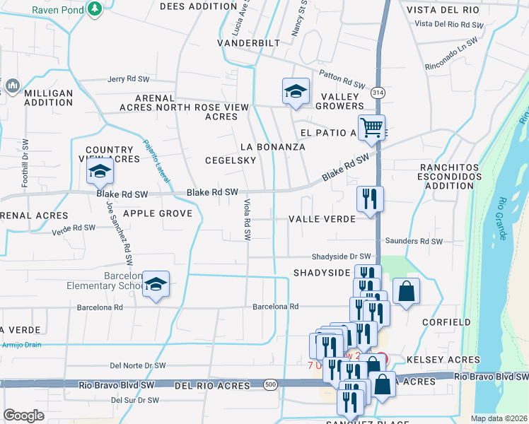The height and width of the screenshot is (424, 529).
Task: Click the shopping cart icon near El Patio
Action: coord(371,128)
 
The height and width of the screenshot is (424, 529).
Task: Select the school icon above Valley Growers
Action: coord(296,91)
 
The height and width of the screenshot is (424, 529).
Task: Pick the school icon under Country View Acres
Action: coord(100,172)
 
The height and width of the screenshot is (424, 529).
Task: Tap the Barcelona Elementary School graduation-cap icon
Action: coord(156,284)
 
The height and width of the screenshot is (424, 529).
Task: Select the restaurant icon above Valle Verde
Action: coord(370,199)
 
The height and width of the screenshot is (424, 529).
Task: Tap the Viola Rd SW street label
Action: coord(248,219)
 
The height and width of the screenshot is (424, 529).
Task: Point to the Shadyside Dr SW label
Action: coord(342,257)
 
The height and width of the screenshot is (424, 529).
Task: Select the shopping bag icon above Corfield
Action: coord(407,291)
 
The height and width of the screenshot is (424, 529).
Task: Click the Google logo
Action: coord(24,416)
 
